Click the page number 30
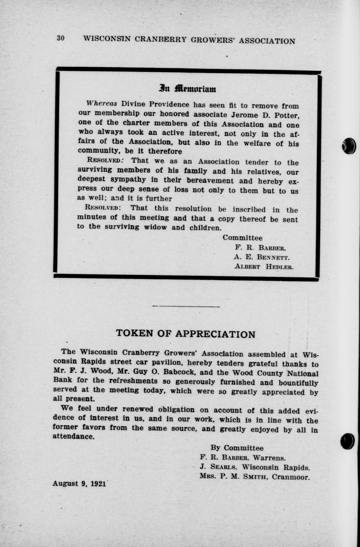[x=60, y=38]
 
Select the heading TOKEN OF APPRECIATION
[x=186, y=334]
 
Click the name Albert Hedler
[x=264, y=267]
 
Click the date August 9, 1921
[x=79, y=484]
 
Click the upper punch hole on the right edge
[x=349, y=146]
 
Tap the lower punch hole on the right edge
[x=347, y=441]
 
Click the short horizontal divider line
[x=186, y=306]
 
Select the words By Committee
[x=237, y=448]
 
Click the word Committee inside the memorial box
[x=242, y=238]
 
